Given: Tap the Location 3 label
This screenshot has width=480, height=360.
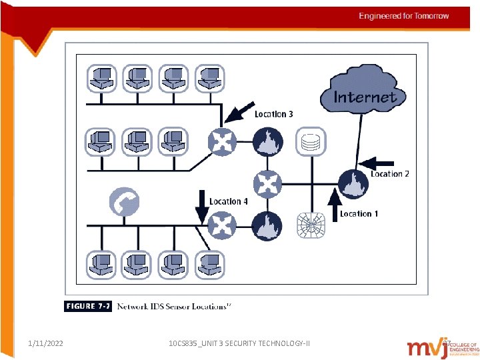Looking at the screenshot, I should pos(273,114).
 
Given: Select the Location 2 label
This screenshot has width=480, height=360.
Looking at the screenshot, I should pos(389,174).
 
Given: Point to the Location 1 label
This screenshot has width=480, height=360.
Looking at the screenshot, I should pos(359,214).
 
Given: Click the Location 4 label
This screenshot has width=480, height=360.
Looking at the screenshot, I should pos(229,201).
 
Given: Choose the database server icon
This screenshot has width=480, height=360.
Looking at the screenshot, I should pos(310,141).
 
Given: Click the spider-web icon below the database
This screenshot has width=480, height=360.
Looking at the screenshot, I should pos(310,225).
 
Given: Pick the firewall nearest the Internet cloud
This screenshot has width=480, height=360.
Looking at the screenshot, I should pos(351,184).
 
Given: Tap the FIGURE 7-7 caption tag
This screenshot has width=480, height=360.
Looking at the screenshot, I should pos(88,306).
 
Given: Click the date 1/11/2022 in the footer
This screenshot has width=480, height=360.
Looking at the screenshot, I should pos(46,343).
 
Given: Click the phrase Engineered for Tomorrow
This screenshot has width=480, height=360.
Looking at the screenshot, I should pos(404,16).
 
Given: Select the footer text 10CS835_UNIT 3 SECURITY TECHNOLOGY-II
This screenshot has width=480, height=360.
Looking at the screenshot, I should pos(239,343).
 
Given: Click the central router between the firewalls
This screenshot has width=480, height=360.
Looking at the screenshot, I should pos(268,182).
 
